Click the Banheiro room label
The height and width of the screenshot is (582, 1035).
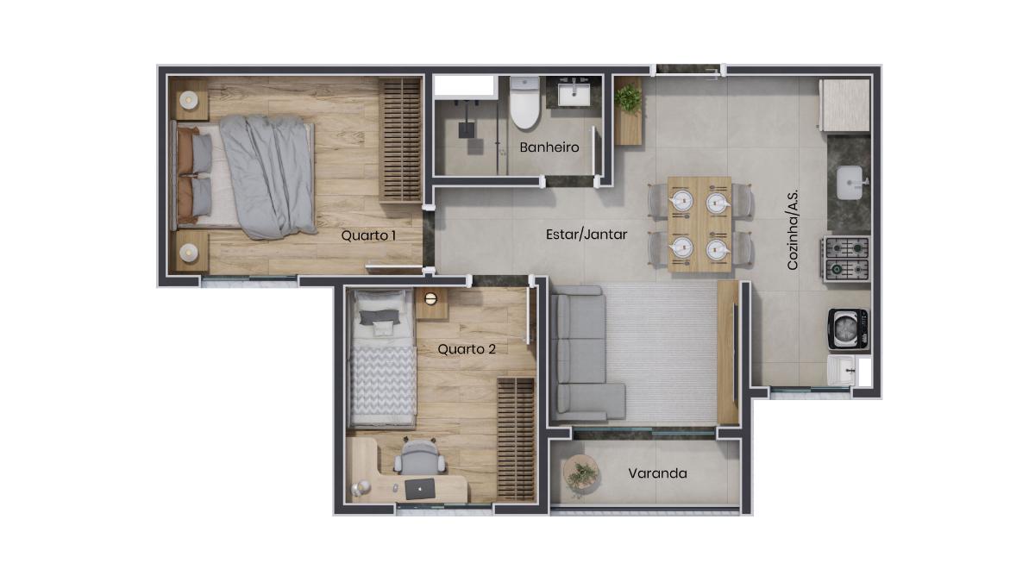coord(549,147)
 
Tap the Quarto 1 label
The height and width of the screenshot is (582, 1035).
coord(368,235)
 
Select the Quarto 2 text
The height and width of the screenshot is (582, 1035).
coord(467,349)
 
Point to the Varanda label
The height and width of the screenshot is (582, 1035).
coord(657,473)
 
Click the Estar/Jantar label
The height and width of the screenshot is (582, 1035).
coord(586,235)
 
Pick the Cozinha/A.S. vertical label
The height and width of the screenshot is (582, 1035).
coord(793,229)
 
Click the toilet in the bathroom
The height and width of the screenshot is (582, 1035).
coord(525,103)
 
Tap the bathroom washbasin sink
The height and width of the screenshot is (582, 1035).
coord(574,94)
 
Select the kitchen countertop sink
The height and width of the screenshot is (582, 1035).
coord(850,183)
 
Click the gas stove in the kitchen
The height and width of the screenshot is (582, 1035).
coord(846,260)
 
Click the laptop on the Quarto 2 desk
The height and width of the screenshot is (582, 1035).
coord(420,489)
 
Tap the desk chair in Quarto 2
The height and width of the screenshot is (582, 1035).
coord(419,457)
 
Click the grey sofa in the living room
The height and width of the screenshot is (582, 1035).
coord(583,354)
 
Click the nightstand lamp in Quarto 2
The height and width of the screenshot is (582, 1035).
coord(430,299)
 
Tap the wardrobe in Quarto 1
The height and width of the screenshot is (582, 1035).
coord(400,140)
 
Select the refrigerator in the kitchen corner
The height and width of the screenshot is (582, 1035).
coord(845,105)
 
